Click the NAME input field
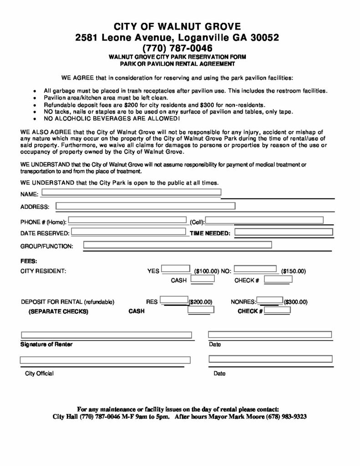click(x=131, y=192)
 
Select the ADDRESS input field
click(x=145, y=206)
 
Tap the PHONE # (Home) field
click(x=128, y=221)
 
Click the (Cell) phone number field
click(x=264, y=221)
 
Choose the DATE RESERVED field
click(x=130, y=232)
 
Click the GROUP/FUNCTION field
click(x=177, y=245)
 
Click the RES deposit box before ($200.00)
click(x=175, y=300)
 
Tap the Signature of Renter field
click(x=106, y=335)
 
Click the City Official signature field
click(x=105, y=360)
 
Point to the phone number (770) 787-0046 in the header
click(x=177, y=47)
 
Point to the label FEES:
click(x=29, y=261)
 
